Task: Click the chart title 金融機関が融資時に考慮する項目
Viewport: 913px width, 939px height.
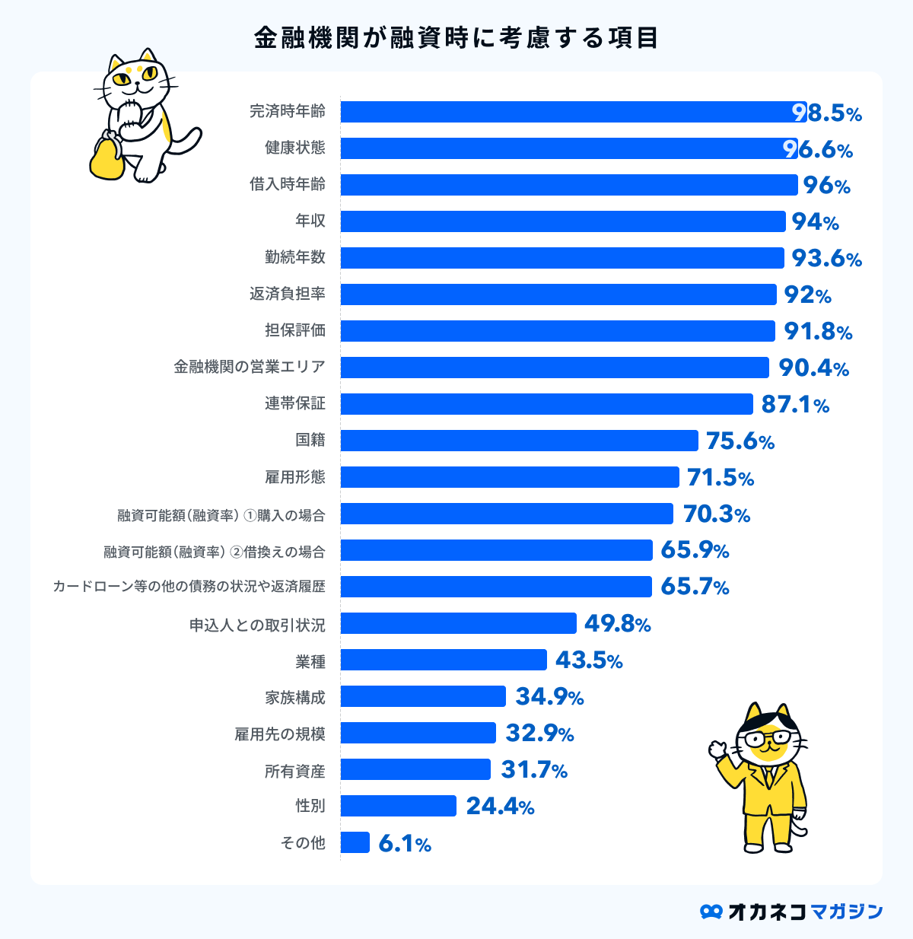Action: tap(456, 37)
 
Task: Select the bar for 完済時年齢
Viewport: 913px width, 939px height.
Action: tap(571, 112)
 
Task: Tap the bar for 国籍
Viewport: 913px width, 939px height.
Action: tap(519, 441)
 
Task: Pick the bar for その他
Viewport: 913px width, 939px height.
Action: tap(355, 842)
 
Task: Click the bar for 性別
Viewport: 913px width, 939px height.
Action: tap(398, 806)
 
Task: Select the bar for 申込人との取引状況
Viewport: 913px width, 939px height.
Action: tap(458, 623)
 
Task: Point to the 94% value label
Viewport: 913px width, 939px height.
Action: tap(815, 221)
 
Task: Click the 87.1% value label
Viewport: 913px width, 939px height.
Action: tap(795, 404)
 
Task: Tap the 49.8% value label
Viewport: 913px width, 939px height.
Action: tap(617, 624)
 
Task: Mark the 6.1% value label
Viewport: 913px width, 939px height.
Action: tap(404, 843)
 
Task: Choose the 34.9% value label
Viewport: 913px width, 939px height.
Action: tap(549, 697)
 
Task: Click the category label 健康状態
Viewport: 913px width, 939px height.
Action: tap(295, 148)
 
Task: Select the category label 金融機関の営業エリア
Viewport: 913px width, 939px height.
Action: tap(250, 367)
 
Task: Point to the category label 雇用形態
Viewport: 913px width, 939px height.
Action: tap(295, 477)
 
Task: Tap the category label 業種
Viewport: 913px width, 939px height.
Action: tap(310, 660)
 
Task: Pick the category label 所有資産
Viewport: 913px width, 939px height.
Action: tap(295, 771)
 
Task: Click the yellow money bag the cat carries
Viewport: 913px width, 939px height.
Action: tap(107, 158)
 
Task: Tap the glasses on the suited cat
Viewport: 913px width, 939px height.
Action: tap(770, 738)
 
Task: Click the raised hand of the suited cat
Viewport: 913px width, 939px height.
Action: tap(718, 750)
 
